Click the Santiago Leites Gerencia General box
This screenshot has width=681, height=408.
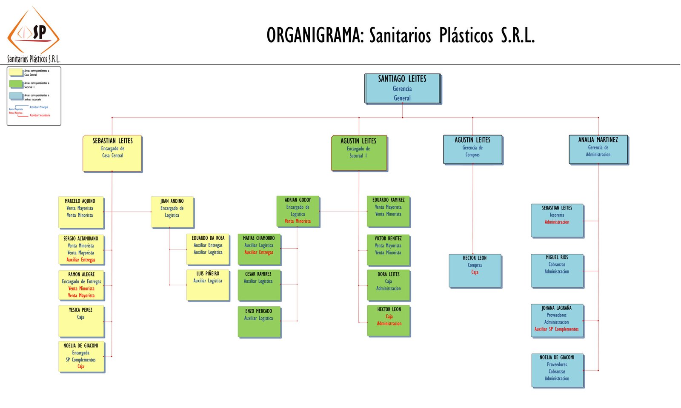tap(402, 89)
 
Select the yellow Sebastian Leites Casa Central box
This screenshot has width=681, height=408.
tap(112, 153)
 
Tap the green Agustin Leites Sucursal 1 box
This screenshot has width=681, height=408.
tap(359, 153)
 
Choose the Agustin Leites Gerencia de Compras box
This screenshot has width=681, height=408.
tap(472, 149)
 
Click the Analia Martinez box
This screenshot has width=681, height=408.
tap(598, 149)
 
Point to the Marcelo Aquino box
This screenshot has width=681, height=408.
tap(80, 212)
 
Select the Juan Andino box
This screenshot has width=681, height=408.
tap(172, 212)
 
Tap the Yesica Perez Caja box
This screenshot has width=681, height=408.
tap(81, 321)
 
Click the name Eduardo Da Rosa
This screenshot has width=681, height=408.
tap(208, 238)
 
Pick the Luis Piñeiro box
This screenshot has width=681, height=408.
tap(208, 285)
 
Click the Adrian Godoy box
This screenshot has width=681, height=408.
tap(298, 211)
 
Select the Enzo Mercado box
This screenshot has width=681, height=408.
tap(259, 322)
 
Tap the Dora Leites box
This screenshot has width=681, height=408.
tap(388, 285)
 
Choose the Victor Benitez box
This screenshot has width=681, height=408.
tap(388, 250)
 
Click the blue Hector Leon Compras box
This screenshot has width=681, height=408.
tap(475, 270)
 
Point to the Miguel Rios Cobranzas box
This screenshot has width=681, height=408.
tap(557, 270)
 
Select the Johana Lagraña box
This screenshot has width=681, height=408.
tap(557, 320)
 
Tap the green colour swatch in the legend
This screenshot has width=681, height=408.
tap(16, 84)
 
